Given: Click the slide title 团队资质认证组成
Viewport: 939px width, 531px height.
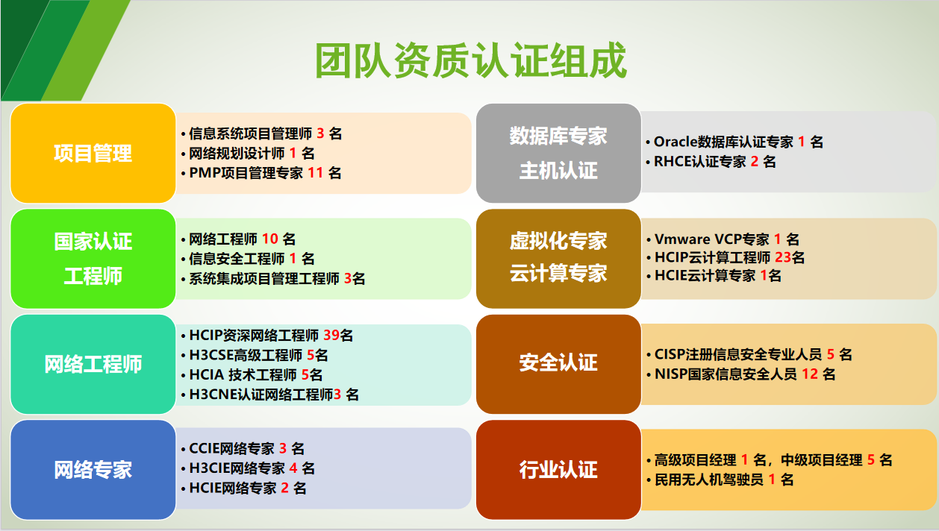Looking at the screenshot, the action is [x=470, y=60].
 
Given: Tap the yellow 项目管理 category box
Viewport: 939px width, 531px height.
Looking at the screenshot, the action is [x=93, y=154].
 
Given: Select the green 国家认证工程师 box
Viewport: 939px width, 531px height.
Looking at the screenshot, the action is [x=93, y=259].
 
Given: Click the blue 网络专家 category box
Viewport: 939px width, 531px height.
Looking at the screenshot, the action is [x=93, y=470].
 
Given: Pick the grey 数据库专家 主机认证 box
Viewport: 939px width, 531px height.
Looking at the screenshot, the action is [x=558, y=154].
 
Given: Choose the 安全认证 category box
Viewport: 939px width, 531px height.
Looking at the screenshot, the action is [x=558, y=365].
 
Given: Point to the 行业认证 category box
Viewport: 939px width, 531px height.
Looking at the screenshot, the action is [x=558, y=470].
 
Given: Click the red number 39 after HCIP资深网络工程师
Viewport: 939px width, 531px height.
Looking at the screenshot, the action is [x=331, y=336].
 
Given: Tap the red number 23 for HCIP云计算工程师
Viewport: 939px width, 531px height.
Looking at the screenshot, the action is [x=783, y=257].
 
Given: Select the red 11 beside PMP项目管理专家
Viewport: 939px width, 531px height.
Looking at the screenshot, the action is [x=315, y=173].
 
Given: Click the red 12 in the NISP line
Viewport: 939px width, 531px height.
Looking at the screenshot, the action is [x=810, y=374].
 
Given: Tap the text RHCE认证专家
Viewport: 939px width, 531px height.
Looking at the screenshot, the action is [x=700, y=162].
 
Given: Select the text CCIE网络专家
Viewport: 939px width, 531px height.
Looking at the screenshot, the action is [x=231, y=448].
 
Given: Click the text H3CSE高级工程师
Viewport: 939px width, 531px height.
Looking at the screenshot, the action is [x=246, y=355].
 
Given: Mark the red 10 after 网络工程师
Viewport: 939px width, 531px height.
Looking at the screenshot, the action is [x=270, y=239].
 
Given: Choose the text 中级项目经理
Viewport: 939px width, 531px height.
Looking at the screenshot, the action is [x=822, y=460].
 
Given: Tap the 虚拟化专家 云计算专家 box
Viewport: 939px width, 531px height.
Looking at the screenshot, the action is [x=558, y=259].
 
